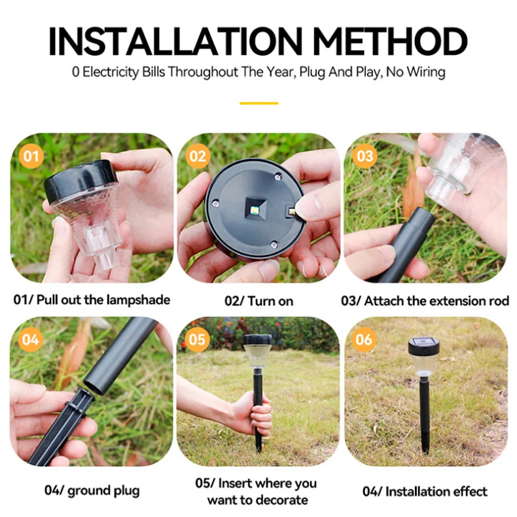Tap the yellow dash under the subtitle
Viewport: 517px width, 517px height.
tap(258, 103)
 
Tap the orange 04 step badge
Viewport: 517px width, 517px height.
tap(30, 340)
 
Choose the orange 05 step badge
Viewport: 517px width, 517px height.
tap(197, 340)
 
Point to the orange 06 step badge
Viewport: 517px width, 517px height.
tap(365, 340)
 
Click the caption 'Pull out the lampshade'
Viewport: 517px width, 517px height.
tap(103, 300)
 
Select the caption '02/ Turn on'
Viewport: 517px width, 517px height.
tap(258, 301)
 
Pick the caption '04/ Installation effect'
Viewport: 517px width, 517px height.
tap(425, 491)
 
